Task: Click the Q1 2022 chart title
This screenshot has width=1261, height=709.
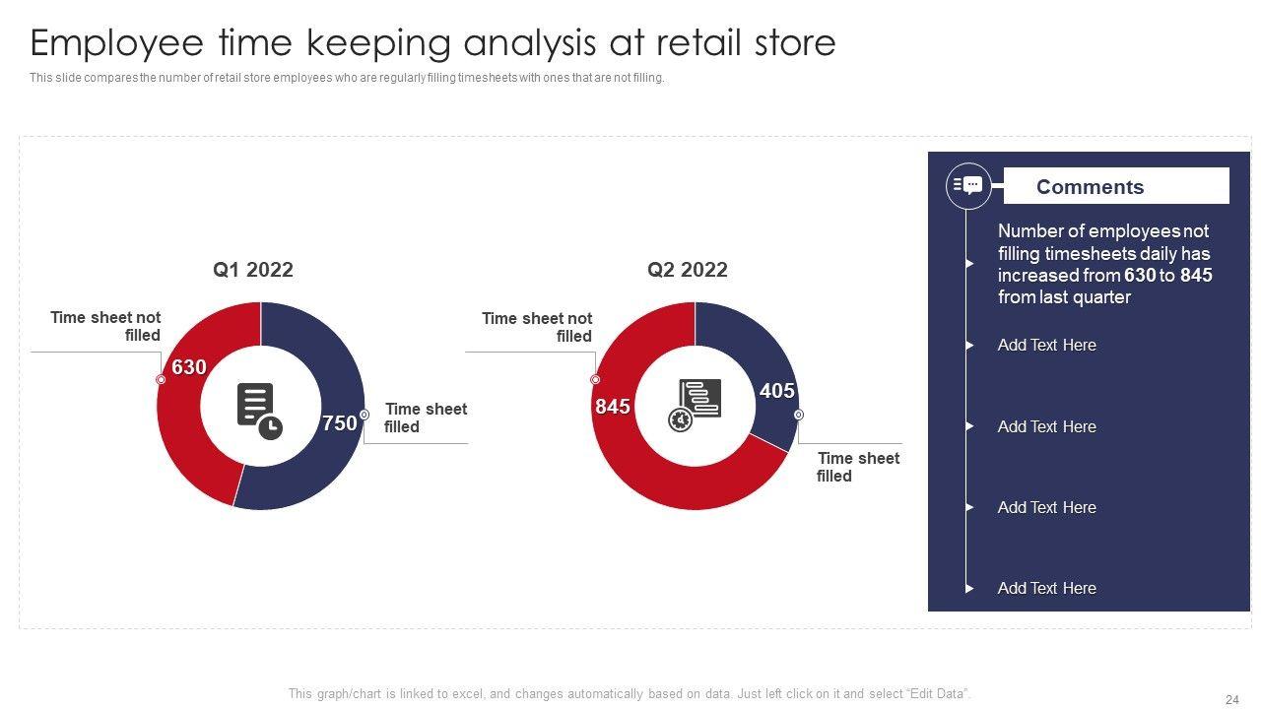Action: coord(253,270)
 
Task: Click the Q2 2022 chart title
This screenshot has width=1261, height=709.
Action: coord(688,270)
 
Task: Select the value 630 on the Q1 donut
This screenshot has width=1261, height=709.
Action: coord(189,367)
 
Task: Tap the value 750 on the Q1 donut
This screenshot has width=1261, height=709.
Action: coord(340,423)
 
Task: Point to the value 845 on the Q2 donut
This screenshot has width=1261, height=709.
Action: coord(613,407)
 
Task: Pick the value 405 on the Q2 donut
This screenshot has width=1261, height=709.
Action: coord(777,391)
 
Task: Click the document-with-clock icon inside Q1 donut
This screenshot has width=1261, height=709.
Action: coord(259,412)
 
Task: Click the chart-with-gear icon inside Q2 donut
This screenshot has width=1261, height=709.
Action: coord(695,405)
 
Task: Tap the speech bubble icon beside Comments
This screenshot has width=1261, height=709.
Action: coord(968,186)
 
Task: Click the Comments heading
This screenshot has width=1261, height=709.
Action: coord(1090,187)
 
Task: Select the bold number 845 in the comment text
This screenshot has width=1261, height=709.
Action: coord(1196,275)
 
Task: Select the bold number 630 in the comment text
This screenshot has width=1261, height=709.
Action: coord(1140,275)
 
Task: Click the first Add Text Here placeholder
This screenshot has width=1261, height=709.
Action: coord(1046,345)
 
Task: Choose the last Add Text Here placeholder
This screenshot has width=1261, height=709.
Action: coord(1046,588)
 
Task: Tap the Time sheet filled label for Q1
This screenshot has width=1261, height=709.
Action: coord(426,418)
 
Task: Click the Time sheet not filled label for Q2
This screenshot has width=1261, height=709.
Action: coord(537,327)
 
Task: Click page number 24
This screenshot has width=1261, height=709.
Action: coord(1232,699)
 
